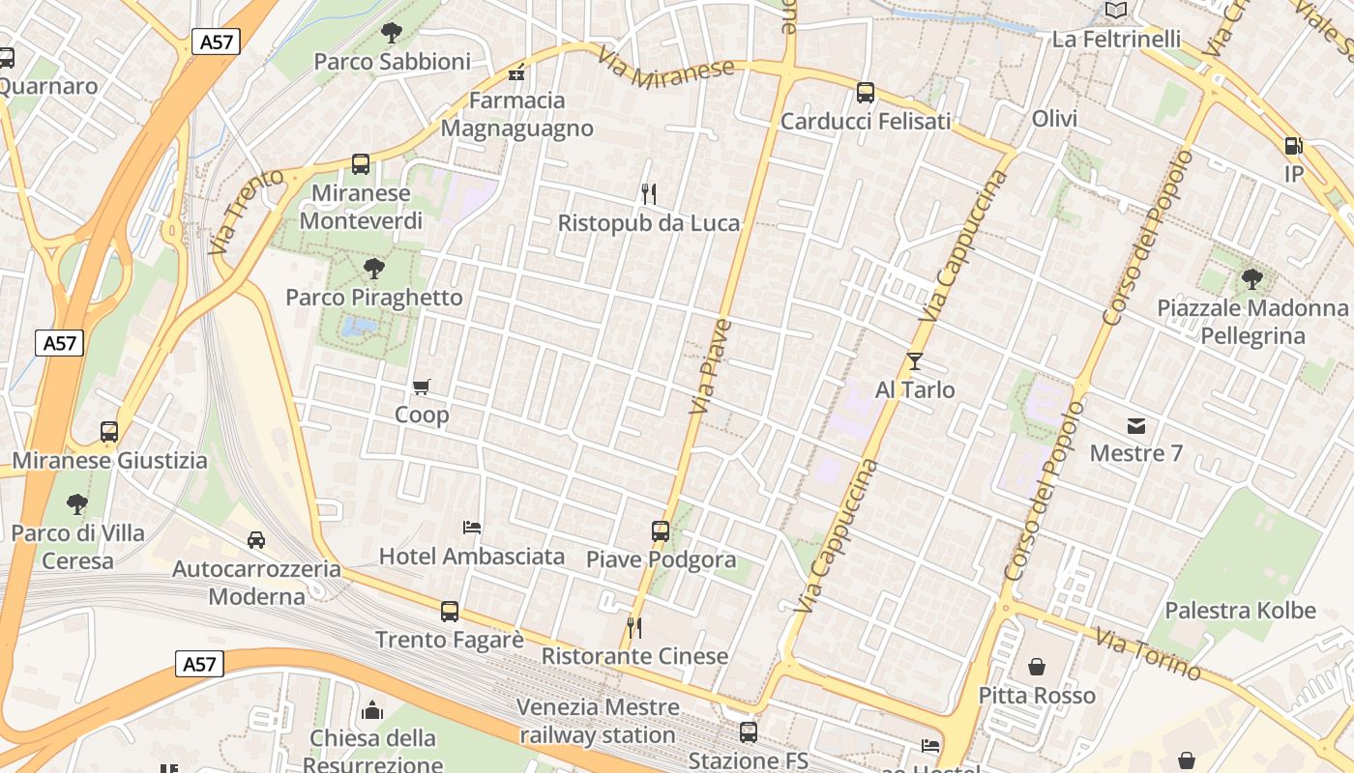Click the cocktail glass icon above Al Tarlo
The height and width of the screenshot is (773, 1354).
coord(915,361)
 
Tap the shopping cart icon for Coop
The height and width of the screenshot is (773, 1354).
coord(421,387)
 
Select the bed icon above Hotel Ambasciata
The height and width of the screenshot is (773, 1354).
coord(472,528)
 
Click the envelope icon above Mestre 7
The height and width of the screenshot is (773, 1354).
coord(1135,425)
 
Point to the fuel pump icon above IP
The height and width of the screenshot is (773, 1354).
coord(1293,146)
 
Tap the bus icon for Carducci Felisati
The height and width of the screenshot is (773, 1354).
coord(866,93)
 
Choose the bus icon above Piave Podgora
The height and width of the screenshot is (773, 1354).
coord(661,530)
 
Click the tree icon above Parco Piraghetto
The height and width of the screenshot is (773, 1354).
coord(373,269)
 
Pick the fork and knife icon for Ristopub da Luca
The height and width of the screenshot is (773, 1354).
coord(649,194)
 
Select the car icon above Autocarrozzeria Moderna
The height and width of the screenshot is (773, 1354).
coord(256,540)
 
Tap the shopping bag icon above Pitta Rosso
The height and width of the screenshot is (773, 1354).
coord(1037,667)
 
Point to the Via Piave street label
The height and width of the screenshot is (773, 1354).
coord(710,367)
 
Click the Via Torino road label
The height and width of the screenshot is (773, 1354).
coord(1148,654)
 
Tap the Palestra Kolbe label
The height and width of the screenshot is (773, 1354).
coord(1240,611)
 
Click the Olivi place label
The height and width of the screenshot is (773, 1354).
coord(1054,119)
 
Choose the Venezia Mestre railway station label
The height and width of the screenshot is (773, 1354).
coord(597,721)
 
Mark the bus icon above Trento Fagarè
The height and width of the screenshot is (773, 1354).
coord(450,611)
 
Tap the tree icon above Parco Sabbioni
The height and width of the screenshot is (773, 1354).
coord(392,33)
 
